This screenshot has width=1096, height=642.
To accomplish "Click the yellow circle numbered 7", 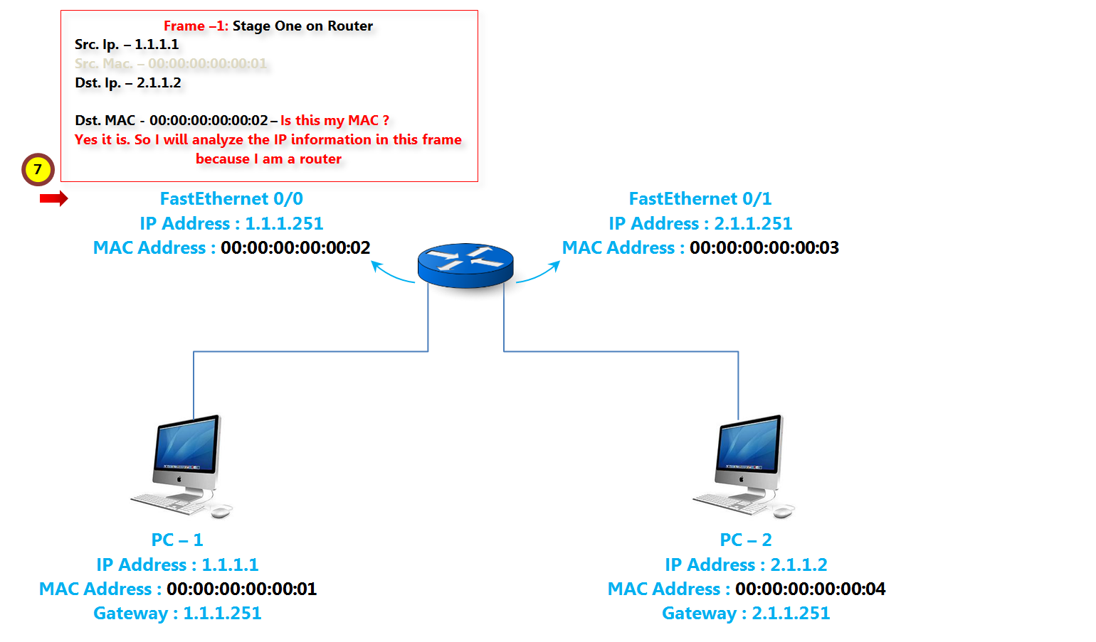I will pyautogui.click(x=38, y=169).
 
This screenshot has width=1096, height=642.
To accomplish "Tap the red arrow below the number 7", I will pyautogui.click(x=53, y=198).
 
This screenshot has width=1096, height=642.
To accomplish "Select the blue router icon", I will pyautogui.click(x=465, y=265).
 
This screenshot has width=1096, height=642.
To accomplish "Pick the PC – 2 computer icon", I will pyautogui.click(x=745, y=464).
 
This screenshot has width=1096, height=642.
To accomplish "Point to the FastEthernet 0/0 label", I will pyautogui.click(x=231, y=198).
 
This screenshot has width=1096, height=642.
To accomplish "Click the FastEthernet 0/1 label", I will pyautogui.click(x=700, y=198).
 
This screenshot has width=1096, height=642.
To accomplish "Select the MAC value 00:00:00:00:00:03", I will pyautogui.click(x=764, y=247).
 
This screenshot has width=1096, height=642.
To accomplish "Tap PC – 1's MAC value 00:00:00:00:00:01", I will pyautogui.click(x=242, y=589).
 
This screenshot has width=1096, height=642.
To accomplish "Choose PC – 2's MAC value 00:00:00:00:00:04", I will pyautogui.click(x=811, y=589).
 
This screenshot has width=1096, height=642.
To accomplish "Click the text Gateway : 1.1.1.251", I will pyautogui.click(x=177, y=613).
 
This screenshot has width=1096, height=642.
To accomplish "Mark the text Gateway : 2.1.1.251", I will pyautogui.click(x=746, y=613).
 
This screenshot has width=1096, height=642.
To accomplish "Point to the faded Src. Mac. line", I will pyautogui.click(x=171, y=63).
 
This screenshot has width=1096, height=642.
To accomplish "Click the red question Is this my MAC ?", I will pyautogui.click(x=334, y=120).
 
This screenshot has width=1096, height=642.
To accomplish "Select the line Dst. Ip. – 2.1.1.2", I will pyautogui.click(x=128, y=82).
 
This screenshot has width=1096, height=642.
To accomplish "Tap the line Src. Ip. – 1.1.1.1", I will pyautogui.click(x=127, y=44).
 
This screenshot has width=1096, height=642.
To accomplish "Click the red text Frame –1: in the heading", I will pyautogui.click(x=196, y=26).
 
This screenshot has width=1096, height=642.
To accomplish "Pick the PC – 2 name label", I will pyautogui.click(x=746, y=540).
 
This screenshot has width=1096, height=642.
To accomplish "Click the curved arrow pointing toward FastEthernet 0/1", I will pyautogui.click(x=539, y=273).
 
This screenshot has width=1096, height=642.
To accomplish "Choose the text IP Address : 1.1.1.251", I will pyautogui.click(x=231, y=223).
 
